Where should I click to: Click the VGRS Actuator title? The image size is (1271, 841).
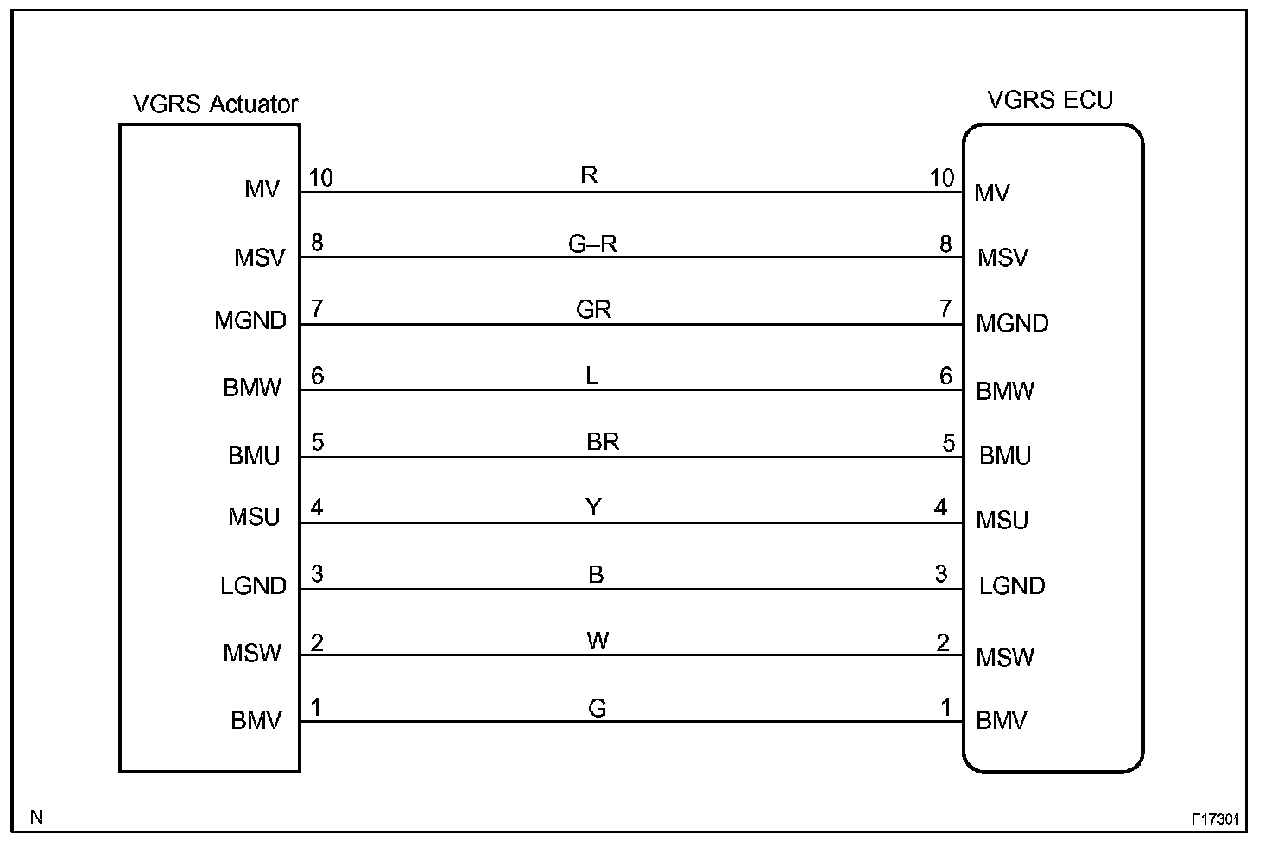pyautogui.click(x=215, y=104)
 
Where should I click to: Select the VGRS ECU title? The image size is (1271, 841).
pyautogui.click(x=1050, y=100)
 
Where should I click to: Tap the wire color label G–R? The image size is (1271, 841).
pyautogui.click(x=592, y=244)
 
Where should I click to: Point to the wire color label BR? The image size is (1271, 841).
pyautogui.click(x=603, y=442)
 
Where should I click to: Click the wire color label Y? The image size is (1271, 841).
pyautogui.click(x=593, y=508)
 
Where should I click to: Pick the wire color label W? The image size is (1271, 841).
pyautogui.click(x=598, y=641)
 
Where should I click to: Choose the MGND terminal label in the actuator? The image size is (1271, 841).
pyautogui.click(x=250, y=321)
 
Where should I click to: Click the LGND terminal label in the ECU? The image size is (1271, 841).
pyautogui.click(x=1012, y=586)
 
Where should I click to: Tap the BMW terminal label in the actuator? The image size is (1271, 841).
pyautogui.click(x=252, y=388)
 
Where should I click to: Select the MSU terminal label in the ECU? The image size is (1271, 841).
pyautogui.click(x=1002, y=521)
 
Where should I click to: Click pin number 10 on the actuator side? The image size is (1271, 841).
pyautogui.click(x=320, y=179)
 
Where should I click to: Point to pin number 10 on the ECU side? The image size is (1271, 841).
pyautogui.click(x=941, y=178)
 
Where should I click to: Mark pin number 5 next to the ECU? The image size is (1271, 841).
pyautogui.click(x=948, y=444)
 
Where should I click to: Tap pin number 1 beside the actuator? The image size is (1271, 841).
pyautogui.click(x=317, y=708)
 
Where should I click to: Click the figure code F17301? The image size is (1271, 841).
pyautogui.click(x=1216, y=819)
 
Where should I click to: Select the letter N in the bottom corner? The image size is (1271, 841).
pyautogui.click(x=36, y=817)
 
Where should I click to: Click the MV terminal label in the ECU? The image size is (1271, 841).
pyautogui.click(x=991, y=193)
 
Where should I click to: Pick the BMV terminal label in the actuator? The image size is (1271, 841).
pyautogui.click(x=256, y=720)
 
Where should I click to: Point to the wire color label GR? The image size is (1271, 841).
pyautogui.click(x=593, y=310)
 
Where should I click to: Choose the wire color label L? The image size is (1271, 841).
pyautogui.click(x=592, y=376)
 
